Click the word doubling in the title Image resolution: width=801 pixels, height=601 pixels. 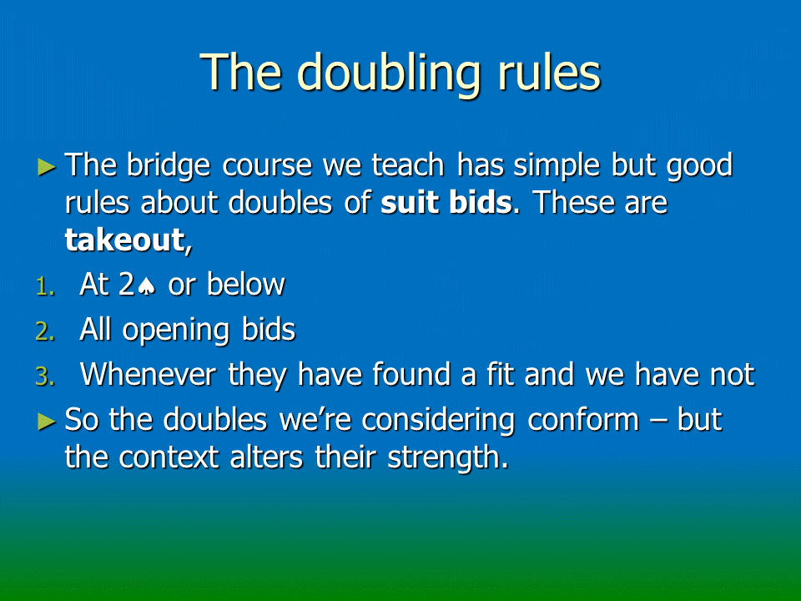(x=389, y=74)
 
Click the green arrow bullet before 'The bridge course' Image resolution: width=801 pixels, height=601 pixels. (x=47, y=167)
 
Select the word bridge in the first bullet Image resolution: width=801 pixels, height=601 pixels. (x=168, y=166)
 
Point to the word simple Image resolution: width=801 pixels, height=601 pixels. (x=557, y=166)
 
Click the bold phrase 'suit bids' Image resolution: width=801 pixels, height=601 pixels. (x=446, y=202)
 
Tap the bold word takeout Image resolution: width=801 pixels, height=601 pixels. (x=124, y=240)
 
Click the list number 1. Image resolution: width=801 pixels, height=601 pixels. (x=45, y=287)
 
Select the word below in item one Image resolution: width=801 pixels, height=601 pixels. (x=245, y=284)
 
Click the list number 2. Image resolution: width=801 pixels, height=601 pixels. (x=45, y=332)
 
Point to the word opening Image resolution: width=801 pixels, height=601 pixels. (x=176, y=331)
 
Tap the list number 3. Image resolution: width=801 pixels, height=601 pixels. (x=45, y=377)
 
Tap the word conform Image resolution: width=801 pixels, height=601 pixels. (x=583, y=420)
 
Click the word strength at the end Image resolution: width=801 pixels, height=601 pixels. (x=448, y=457)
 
